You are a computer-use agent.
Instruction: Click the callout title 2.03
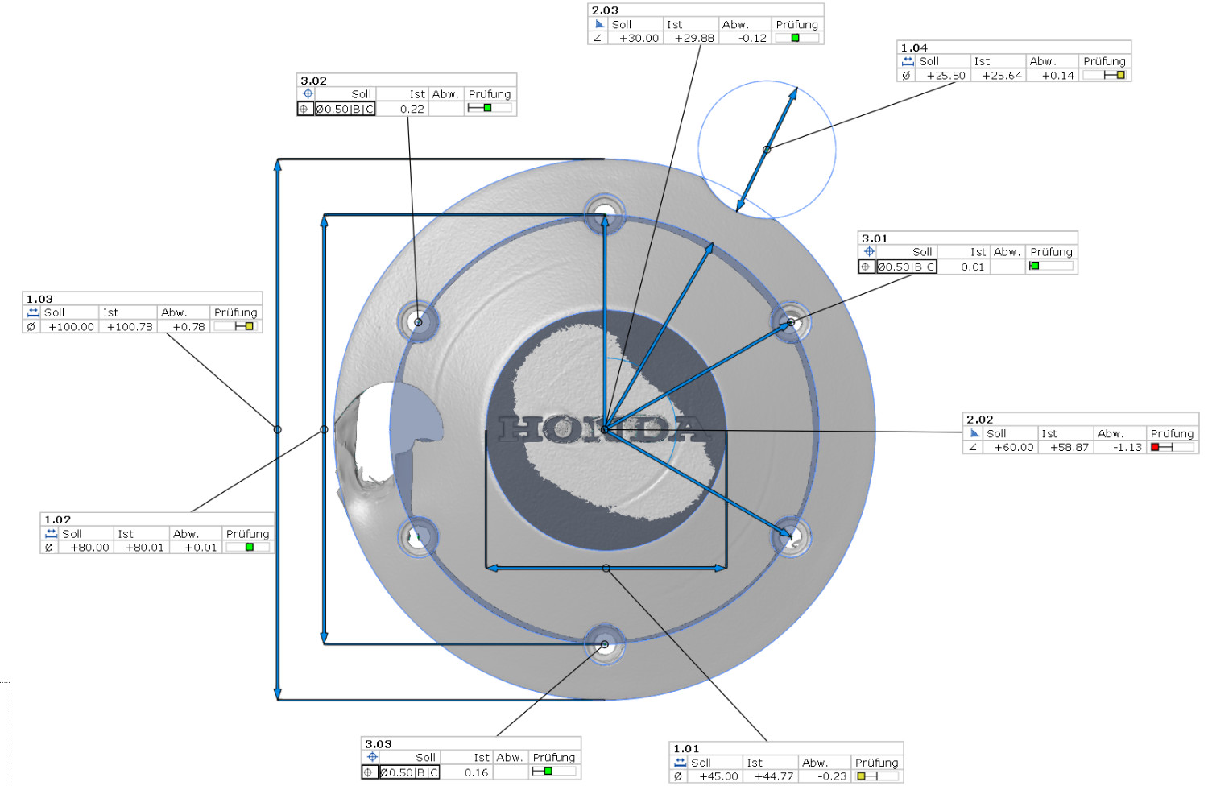605,10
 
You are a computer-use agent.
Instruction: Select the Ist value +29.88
694,39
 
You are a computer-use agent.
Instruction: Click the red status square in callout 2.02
1155,447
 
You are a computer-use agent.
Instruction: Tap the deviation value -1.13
1127,447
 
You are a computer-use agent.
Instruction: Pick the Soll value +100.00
71,327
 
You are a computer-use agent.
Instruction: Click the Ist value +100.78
130,327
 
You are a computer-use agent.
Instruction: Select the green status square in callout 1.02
249,547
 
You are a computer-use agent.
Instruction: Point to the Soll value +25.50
946,76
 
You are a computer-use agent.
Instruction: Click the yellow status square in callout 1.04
1121,75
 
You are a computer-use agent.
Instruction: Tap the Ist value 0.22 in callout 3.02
412,109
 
